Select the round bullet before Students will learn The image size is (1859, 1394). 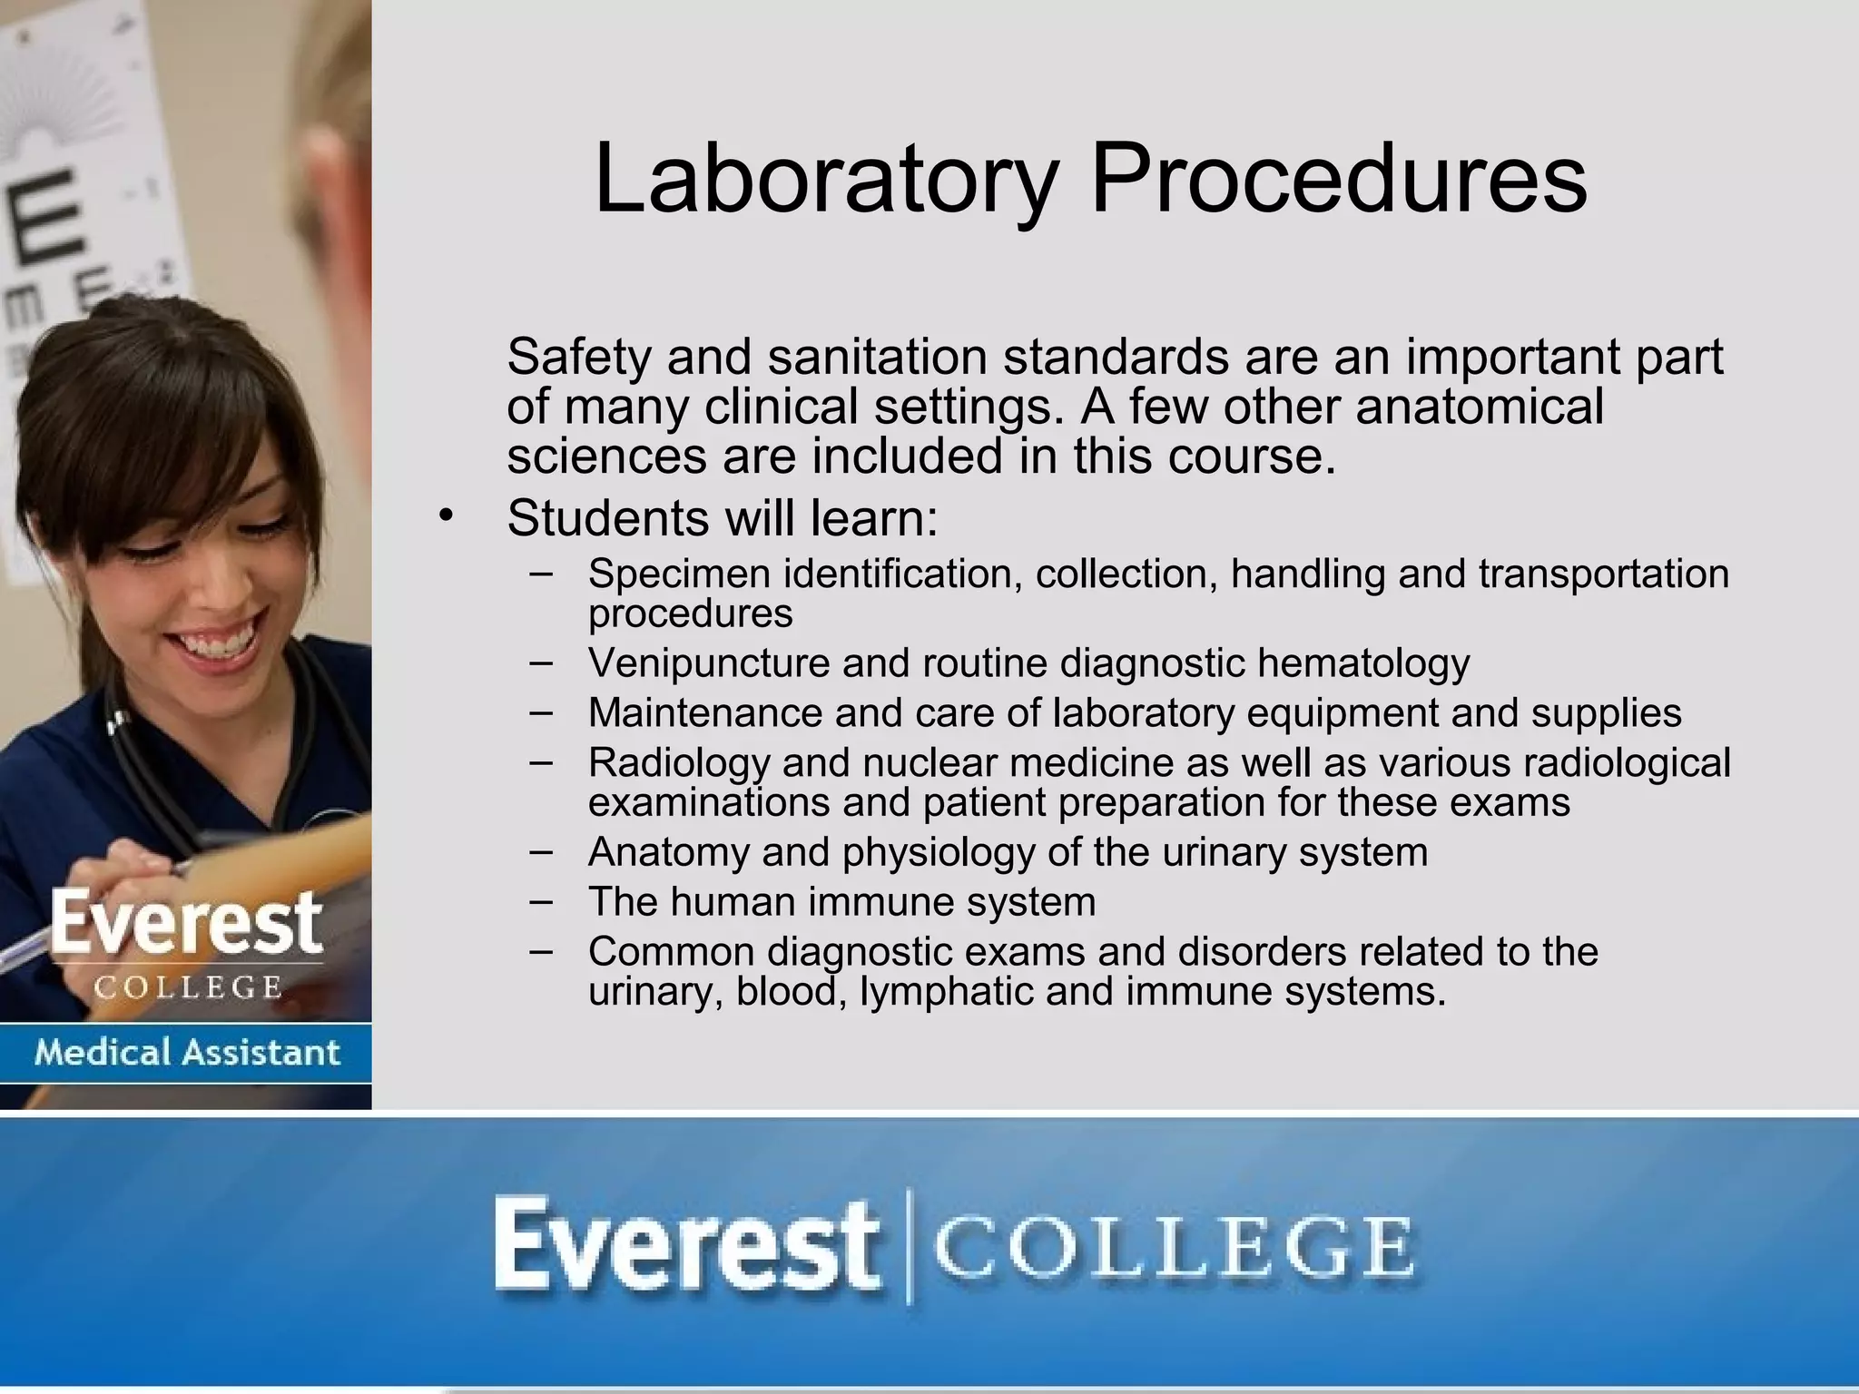445,516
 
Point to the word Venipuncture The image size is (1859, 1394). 708,663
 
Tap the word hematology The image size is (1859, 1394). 1362,663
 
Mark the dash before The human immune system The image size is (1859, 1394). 541,901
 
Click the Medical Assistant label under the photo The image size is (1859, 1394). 186,1053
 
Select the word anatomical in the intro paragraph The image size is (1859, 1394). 1479,406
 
